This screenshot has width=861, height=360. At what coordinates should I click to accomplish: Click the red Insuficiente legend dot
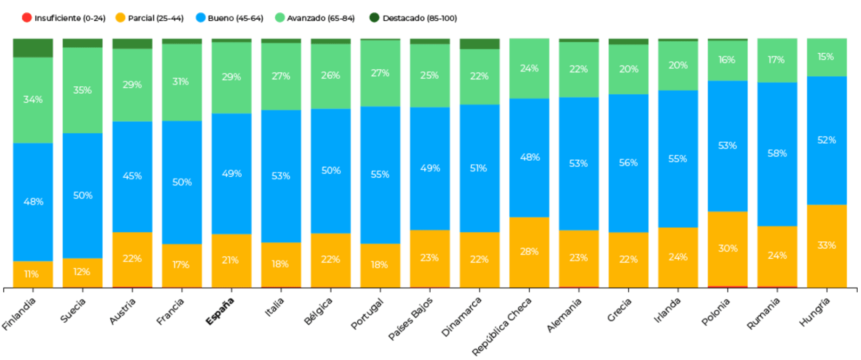(27, 18)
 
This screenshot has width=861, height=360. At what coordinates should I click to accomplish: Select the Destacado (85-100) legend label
(419, 18)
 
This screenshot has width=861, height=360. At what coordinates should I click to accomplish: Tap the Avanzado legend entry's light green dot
(280, 18)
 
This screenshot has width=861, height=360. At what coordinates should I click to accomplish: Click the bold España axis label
(220, 311)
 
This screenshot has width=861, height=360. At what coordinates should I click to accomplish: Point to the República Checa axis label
(502, 326)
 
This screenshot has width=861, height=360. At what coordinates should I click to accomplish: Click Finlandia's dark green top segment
(33, 48)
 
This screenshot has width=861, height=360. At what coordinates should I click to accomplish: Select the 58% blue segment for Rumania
(777, 154)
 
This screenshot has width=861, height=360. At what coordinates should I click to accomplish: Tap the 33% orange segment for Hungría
(827, 245)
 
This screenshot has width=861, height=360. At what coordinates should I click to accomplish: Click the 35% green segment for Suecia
(82, 90)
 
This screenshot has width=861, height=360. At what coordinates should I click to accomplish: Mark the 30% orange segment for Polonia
(727, 248)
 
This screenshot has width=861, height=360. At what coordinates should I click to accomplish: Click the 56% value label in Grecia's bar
(628, 163)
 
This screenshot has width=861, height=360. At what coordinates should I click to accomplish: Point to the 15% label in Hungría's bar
(826, 57)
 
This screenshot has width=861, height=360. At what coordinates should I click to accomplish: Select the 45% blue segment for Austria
(132, 176)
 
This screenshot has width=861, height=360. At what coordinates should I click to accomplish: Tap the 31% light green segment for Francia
(181, 82)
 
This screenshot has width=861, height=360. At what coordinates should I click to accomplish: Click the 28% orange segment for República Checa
(529, 252)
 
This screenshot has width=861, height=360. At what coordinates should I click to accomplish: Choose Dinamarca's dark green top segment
(479, 44)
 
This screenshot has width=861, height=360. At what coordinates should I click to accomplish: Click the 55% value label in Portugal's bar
(380, 175)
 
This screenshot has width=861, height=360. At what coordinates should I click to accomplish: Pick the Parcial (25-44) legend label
(156, 18)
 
